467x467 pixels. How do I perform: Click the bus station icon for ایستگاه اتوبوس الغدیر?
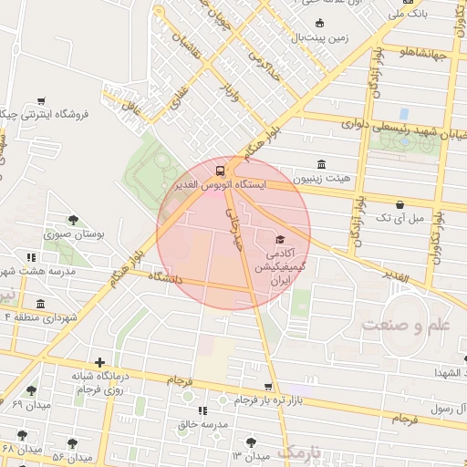tap(219, 171)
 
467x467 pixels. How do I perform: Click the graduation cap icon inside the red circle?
tap(278, 239)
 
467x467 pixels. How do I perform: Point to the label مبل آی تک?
tap(404, 218)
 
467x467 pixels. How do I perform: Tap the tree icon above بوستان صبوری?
tap(73, 219)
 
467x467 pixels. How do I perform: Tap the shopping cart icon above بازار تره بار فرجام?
tap(267, 387)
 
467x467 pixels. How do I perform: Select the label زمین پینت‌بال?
tap(321, 37)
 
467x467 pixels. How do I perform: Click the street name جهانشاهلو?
tap(421, 53)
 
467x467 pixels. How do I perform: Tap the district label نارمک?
tap(299, 451)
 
